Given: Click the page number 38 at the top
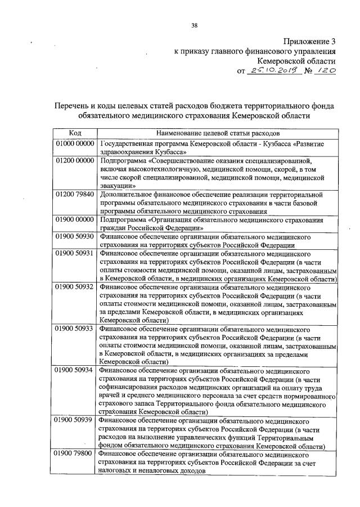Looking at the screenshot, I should point(194,25).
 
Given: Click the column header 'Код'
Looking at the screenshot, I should point(75,133).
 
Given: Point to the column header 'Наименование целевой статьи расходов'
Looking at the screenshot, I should point(217,133).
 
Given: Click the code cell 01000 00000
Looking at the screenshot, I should point(75,144).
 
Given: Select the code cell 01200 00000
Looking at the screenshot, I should point(75,161).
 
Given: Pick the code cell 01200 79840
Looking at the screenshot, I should point(75,194).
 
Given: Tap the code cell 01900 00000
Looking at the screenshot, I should point(75,219).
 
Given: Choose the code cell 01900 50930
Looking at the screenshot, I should point(75,236).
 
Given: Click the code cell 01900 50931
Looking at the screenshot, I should point(75,253).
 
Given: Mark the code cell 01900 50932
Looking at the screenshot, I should point(75,287).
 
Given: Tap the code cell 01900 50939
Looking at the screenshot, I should point(75,421).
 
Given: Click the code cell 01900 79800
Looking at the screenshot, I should point(75,454).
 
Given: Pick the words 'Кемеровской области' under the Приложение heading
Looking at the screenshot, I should point(296,61).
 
